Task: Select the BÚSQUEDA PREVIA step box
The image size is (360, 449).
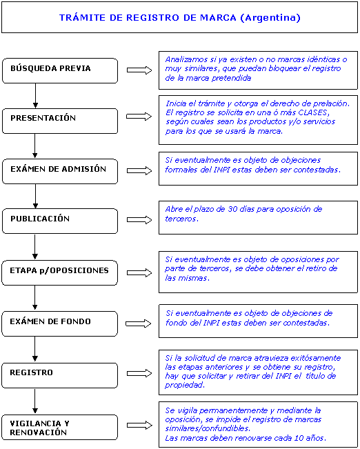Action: tap(60, 71)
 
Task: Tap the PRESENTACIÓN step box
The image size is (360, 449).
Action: tap(60, 121)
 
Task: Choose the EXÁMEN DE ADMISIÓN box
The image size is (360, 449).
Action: tap(60, 171)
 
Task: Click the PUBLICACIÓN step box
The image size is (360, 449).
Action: tap(60, 221)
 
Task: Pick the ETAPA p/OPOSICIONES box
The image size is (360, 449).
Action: tap(59, 272)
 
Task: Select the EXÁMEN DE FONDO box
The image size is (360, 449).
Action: tap(59, 323)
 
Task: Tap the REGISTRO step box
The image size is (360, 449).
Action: tap(59, 375)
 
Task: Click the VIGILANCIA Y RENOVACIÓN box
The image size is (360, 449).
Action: tap(59, 427)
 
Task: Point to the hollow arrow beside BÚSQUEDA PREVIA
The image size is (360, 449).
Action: tap(139, 70)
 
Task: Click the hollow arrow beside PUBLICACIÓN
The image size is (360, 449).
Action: tap(139, 220)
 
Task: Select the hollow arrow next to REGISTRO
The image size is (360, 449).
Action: tap(139, 373)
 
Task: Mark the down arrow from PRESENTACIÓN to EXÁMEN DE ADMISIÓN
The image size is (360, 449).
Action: tap(35, 146)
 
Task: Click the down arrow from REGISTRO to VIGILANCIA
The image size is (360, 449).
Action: tap(35, 401)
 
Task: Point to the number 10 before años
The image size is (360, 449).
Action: tap(299, 438)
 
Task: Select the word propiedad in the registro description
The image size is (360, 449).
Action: tap(184, 385)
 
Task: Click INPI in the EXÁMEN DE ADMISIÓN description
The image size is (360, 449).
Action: tap(221, 170)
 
